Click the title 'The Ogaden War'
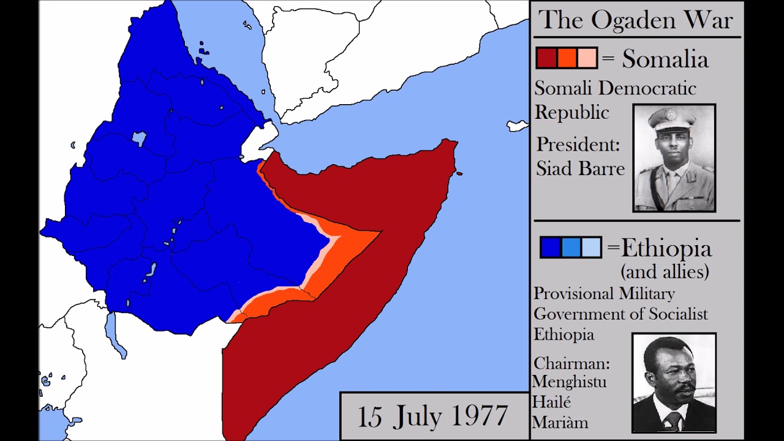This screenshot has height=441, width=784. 635,20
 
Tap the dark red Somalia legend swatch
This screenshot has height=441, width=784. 546,58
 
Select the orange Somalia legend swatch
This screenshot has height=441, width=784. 567,58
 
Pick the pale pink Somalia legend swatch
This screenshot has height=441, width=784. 587,58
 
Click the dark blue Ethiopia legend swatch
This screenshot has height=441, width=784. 551,247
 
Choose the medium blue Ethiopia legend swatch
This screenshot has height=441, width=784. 571,247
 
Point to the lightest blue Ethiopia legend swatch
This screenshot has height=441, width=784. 591,247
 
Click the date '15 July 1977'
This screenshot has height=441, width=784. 432,417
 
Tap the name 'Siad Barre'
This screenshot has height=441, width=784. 580,168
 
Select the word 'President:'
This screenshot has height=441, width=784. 578,145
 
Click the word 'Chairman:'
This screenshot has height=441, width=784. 571,363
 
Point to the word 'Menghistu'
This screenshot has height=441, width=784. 570,382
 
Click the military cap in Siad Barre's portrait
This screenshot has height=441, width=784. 672,117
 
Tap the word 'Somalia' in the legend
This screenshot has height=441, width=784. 665,59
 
